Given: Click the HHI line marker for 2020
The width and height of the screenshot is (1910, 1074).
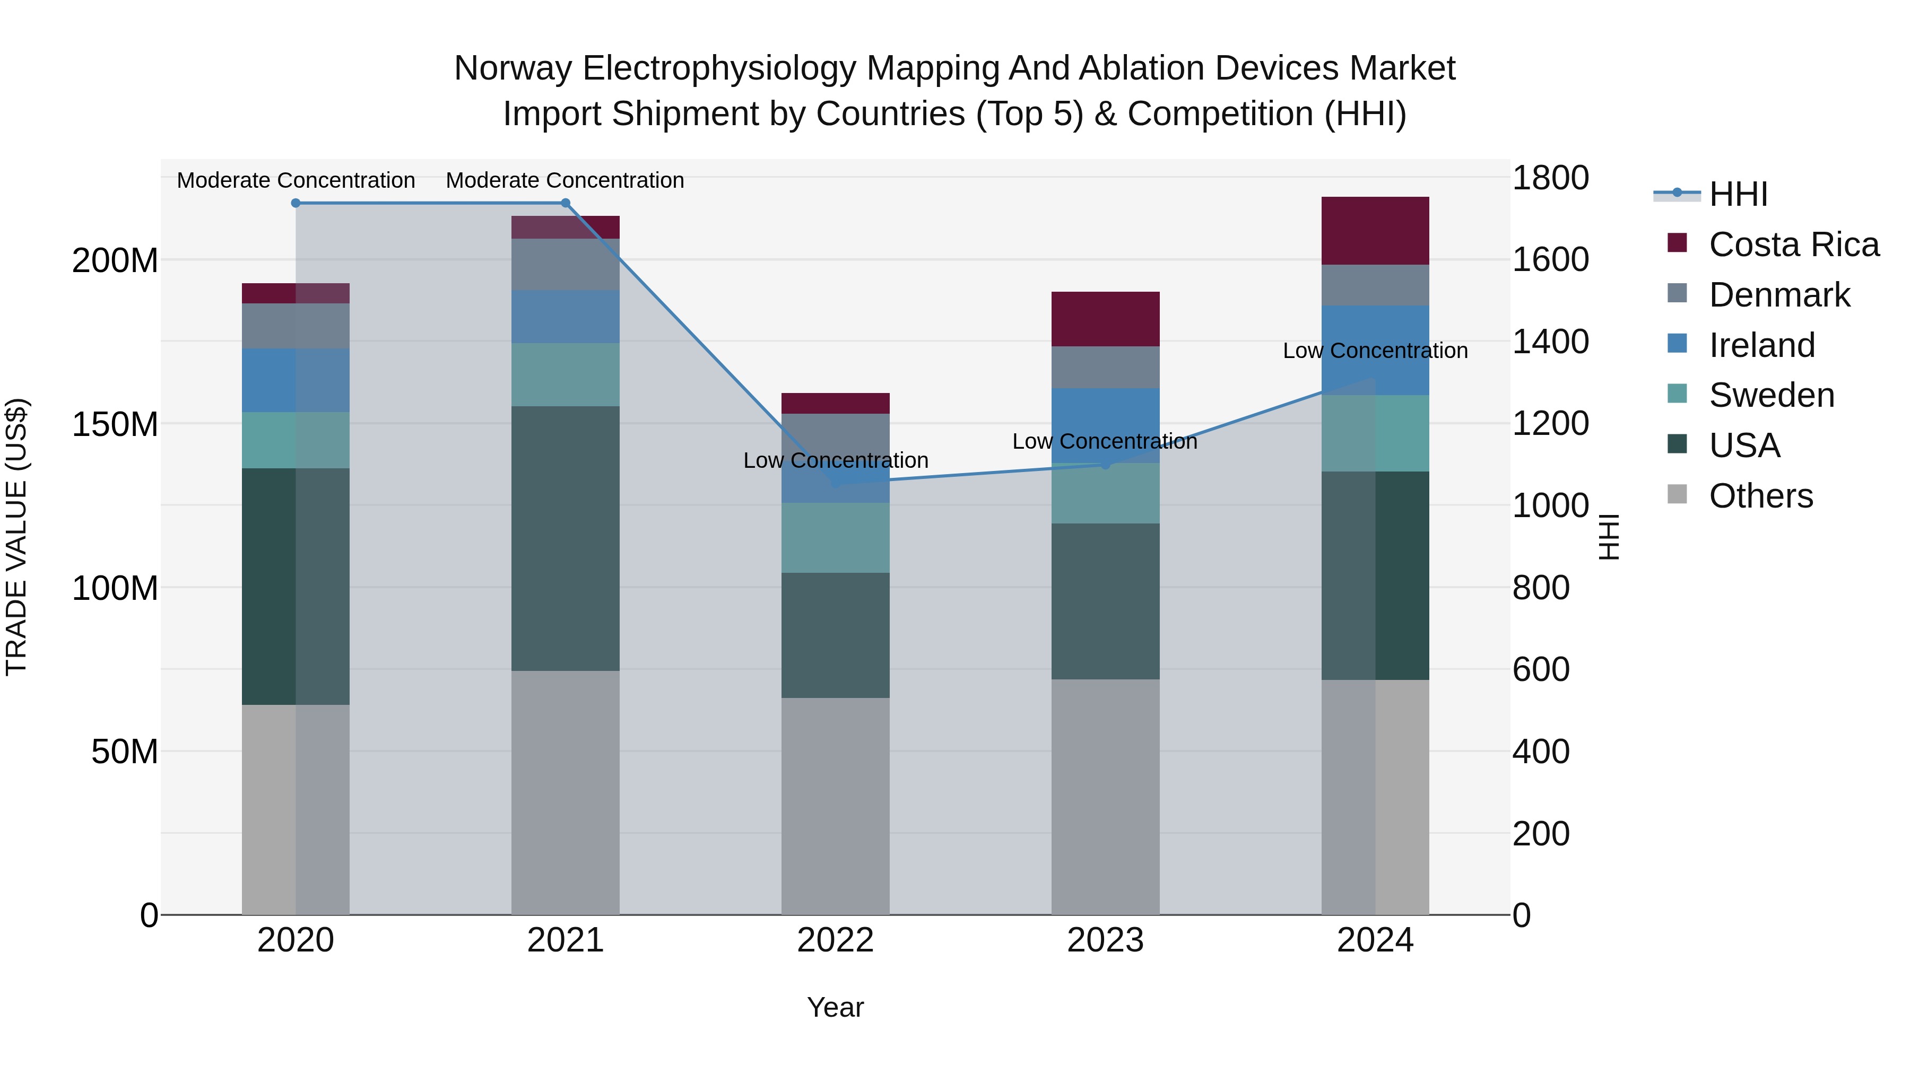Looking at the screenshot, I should [296, 203].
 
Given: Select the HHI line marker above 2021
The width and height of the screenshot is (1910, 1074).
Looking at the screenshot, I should [565, 203].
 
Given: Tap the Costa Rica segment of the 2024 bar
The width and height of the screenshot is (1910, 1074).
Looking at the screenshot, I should [1375, 231].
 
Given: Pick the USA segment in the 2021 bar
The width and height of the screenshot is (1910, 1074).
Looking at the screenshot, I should [565, 538].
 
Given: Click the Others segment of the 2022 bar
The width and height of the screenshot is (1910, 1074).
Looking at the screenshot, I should [835, 806].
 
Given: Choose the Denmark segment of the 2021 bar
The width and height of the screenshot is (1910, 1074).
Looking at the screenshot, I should [565, 264].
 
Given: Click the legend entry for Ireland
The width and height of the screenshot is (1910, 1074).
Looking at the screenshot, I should [1761, 345].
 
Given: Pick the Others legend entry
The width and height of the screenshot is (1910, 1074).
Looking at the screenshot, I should [1760, 496].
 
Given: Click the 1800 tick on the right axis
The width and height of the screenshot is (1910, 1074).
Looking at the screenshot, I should [1550, 178].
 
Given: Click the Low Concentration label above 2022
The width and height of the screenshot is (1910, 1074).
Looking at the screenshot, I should [836, 460].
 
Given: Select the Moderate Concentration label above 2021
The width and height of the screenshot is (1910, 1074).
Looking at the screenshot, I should [565, 180].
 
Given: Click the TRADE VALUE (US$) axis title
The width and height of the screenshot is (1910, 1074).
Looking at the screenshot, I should [16, 537].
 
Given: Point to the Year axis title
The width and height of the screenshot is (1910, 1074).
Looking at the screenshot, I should [835, 1007].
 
